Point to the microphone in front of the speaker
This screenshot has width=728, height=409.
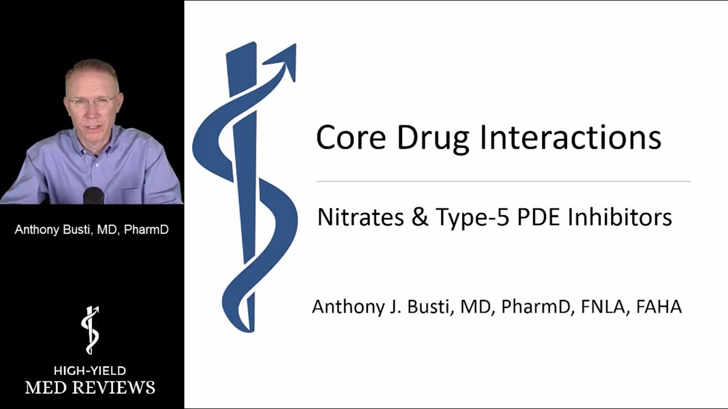click(93, 195)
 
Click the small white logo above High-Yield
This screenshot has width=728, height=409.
click(90, 330)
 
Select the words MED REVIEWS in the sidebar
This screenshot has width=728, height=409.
click(90, 387)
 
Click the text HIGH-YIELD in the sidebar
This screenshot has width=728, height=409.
click(90, 370)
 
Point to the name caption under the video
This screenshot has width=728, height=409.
click(92, 230)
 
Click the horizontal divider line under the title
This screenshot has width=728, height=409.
click(503, 181)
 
